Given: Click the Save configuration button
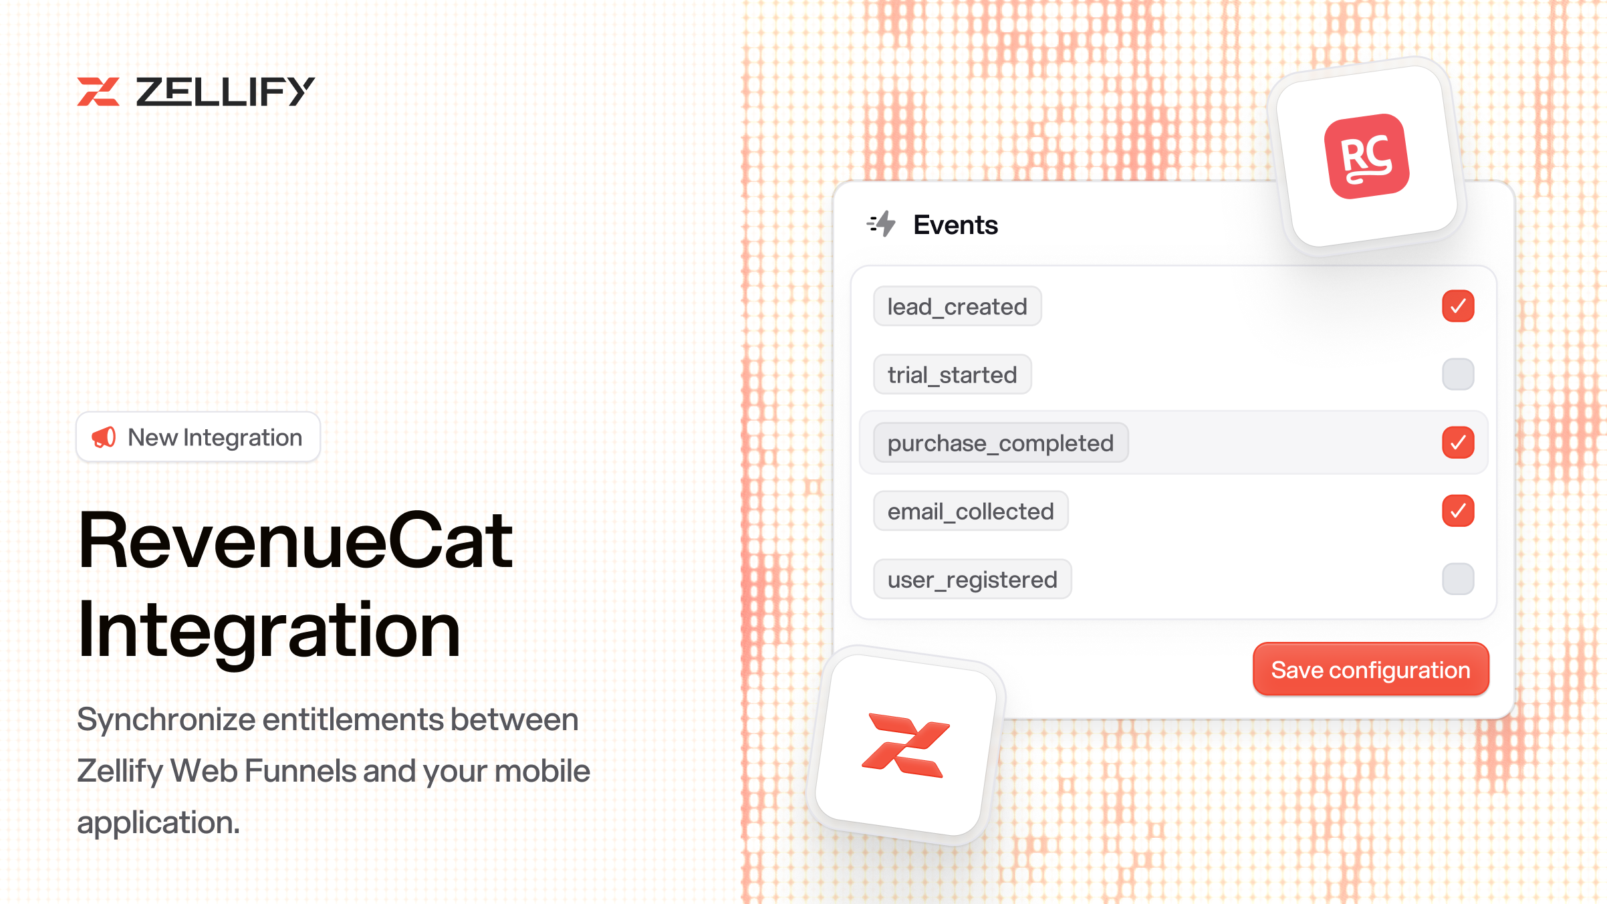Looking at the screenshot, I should coord(1370,669).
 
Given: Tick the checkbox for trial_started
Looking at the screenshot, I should coord(1458,374).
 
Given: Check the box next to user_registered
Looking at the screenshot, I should coord(1458,579).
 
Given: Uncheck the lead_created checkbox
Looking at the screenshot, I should coord(1458,306).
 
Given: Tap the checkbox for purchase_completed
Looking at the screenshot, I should coord(1458,443).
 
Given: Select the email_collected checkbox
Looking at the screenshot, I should coord(1458,511).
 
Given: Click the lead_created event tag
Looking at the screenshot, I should coord(957,307).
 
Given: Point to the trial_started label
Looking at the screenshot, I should coord(952,375).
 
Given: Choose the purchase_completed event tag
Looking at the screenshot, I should coord(1001,443).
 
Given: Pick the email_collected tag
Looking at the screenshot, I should coord(971,512).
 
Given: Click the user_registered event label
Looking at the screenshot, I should coord(972,580).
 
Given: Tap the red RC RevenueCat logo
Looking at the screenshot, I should coord(1367,156).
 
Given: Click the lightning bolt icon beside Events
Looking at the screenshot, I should coord(882,225).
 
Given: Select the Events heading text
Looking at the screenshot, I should coord(955,225).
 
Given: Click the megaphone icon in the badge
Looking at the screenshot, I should coord(104,437).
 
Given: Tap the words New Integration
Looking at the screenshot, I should coord(215,438).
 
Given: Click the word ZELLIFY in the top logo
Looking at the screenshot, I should coord(225,92).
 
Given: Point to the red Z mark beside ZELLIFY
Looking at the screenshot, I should coord(98,92).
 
